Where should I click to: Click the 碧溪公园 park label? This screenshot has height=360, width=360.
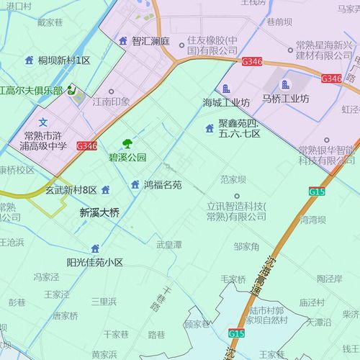click(127, 157)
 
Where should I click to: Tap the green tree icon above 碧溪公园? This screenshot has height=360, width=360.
click(127, 144)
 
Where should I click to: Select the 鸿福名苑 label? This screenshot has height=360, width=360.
click(163, 185)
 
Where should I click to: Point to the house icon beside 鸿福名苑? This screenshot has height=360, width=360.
click(135, 185)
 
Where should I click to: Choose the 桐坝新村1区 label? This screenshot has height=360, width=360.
click(64, 60)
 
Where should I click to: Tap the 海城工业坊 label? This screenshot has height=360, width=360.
click(225, 102)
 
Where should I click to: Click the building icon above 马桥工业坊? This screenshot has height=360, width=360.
click(285, 86)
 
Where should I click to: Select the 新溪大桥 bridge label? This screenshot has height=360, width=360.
click(99, 213)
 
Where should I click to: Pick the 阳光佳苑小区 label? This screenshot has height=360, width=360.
click(94, 262)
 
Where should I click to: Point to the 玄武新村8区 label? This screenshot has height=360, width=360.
click(71, 190)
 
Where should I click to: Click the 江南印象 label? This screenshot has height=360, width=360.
click(111, 102)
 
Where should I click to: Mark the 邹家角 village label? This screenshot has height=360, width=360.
click(246, 247)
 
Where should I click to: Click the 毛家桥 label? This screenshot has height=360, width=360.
click(233, 279)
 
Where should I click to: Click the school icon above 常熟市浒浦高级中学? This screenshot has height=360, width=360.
click(42, 122)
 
